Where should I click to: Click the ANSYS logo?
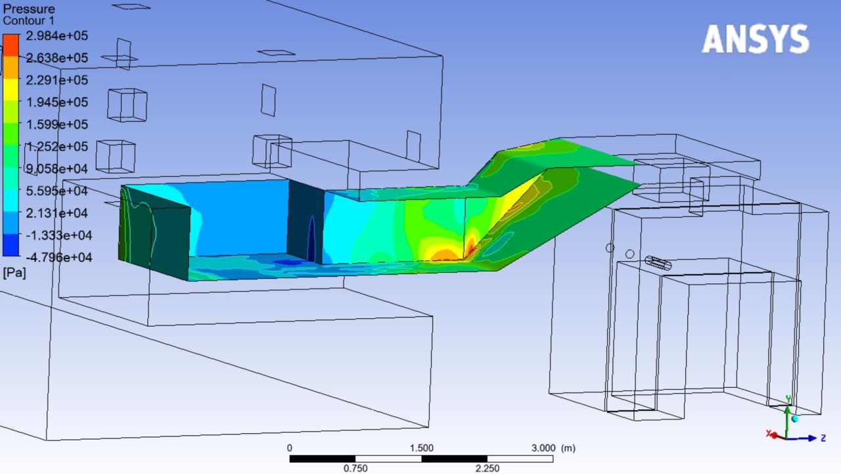[x=755, y=39]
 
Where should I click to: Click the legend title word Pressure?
[x=30, y=9]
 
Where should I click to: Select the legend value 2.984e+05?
[x=57, y=36]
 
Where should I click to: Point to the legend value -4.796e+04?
[x=57, y=257]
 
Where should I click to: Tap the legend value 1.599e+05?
[x=57, y=124]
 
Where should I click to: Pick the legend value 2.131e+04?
[x=57, y=213]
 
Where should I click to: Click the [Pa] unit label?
[x=14, y=272]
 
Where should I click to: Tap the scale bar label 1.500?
[x=421, y=448]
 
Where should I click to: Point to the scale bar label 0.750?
[x=355, y=468]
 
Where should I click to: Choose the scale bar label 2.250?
[x=487, y=468]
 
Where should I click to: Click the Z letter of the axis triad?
[x=822, y=438]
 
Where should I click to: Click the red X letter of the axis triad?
[x=768, y=434]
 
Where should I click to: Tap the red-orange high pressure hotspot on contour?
[x=447, y=254]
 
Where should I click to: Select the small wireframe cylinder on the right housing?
[x=658, y=263]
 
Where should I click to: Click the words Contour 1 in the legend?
[x=29, y=21]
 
